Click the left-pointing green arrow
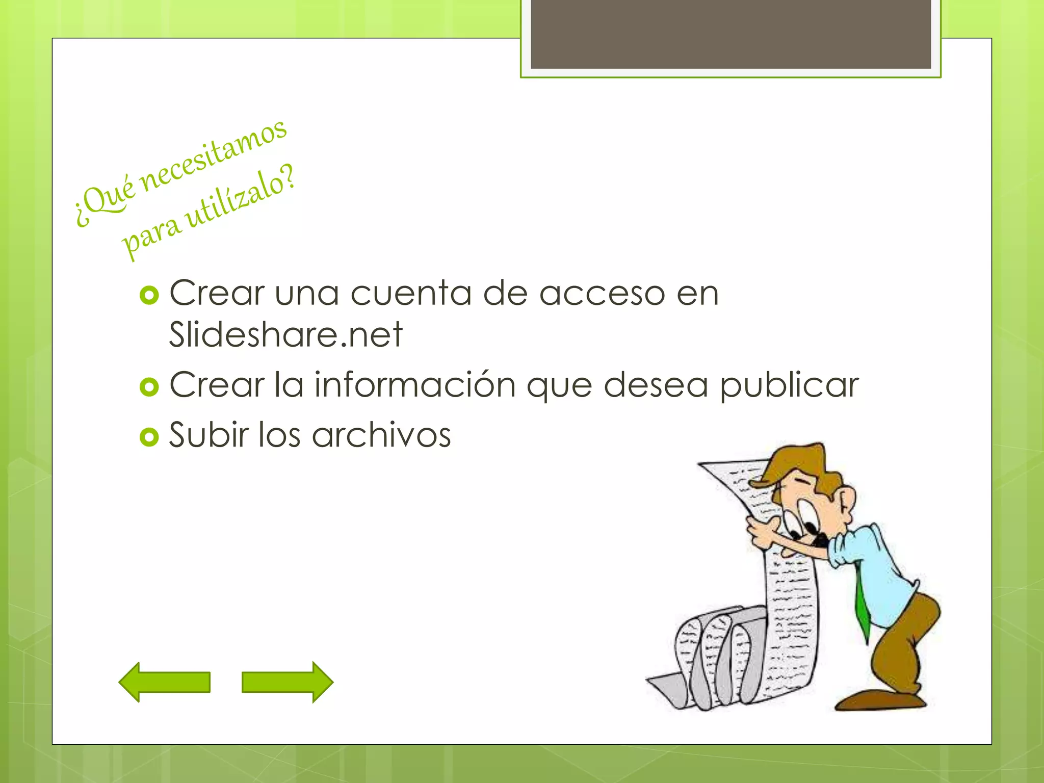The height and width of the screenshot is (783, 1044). [164, 682]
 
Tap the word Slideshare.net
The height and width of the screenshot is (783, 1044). [286, 335]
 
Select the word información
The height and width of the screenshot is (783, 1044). [415, 384]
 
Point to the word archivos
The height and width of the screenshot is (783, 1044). [381, 435]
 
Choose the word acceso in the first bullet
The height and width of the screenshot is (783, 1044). [602, 294]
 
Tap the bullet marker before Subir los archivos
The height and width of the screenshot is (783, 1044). [149, 437]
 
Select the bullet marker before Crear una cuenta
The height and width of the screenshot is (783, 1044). [149, 295]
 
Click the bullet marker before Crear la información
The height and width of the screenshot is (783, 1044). [149, 387]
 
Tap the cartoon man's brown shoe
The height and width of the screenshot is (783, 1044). [879, 700]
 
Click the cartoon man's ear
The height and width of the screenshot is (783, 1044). [847, 502]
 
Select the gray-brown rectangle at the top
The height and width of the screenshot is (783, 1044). [730, 34]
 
